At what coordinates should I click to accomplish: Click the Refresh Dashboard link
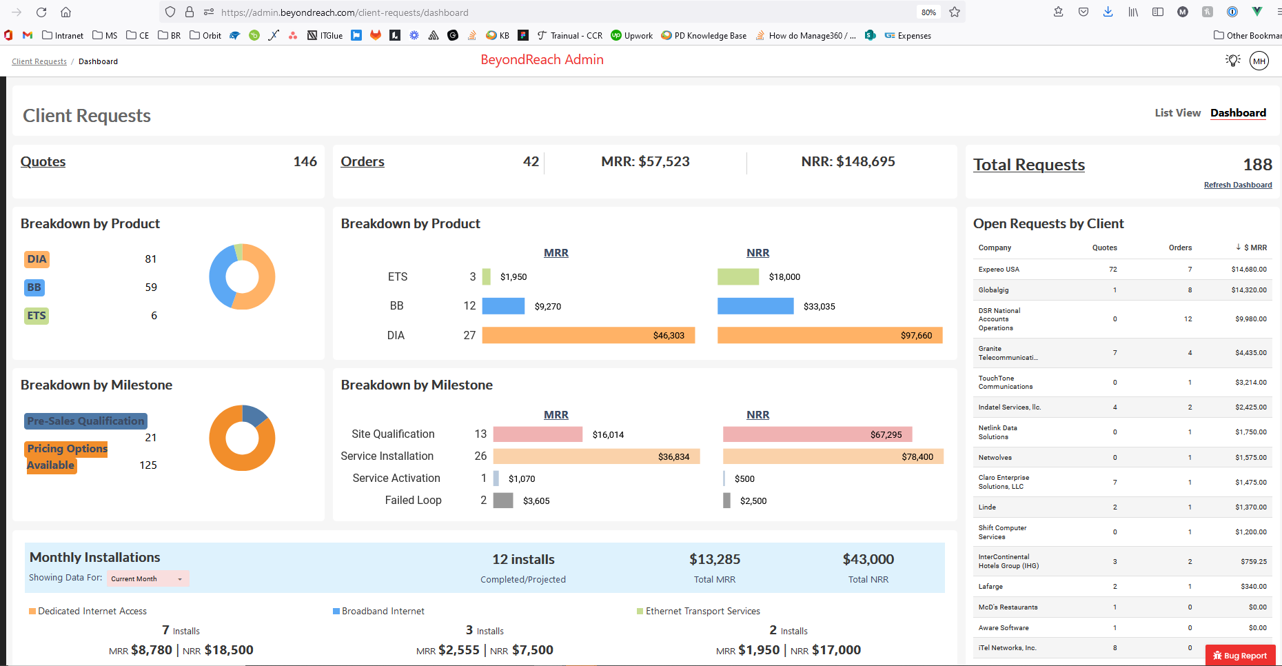(1237, 185)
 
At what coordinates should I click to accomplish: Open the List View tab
(1177, 113)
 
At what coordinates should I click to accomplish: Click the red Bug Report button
(1240, 656)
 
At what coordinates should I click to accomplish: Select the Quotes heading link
(43, 162)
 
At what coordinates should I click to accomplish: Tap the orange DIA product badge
(37, 259)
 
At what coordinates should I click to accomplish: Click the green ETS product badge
(37, 316)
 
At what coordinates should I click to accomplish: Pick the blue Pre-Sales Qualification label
(85, 421)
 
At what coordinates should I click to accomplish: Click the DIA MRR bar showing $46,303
(588, 335)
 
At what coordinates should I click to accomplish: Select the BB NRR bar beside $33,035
(755, 306)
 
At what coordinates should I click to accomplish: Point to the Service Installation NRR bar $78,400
(833, 456)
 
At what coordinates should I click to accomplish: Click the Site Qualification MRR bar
(538, 434)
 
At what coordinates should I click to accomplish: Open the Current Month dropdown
(147, 579)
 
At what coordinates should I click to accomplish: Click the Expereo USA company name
(999, 270)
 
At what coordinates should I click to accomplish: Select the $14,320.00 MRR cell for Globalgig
(1248, 290)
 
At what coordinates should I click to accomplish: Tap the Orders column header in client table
(1180, 248)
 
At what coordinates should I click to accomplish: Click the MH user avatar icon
(1259, 61)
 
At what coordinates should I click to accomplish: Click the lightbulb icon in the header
(1232, 61)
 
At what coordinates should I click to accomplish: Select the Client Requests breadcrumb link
(39, 62)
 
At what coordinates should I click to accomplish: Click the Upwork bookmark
(632, 36)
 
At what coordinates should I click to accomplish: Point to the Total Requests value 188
(1257, 165)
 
